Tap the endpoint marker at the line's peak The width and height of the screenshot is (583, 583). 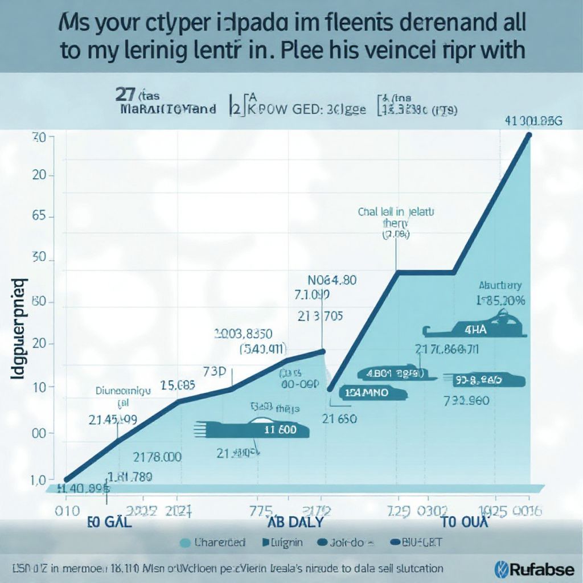[529, 135]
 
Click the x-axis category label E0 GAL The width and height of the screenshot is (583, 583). [109, 523]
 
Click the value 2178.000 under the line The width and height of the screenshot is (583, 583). [157, 457]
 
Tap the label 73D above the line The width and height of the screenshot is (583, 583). [215, 372]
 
